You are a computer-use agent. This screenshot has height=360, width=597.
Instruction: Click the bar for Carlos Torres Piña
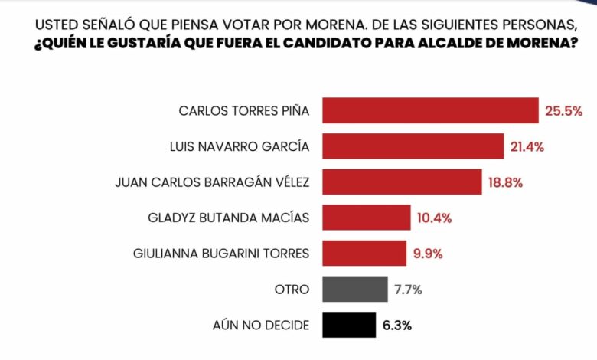(x=430, y=110)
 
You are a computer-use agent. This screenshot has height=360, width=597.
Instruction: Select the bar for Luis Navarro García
(x=413, y=146)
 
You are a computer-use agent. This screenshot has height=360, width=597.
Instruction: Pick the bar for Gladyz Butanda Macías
(x=366, y=218)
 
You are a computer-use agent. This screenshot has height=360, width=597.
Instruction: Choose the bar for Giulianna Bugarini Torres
(x=364, y=253)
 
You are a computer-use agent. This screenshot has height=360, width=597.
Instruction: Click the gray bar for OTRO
(x=354, y=289)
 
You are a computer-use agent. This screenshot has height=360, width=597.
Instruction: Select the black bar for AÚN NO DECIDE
(x=348, y=325)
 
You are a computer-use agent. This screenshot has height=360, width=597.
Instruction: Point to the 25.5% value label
(x=563, y=111)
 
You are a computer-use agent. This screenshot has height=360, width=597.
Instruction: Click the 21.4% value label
(x=529, y=146)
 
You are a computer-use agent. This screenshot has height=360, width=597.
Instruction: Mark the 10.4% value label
(x=434, y=218)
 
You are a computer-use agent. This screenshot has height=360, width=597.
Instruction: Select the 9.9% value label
(x=429, y=254)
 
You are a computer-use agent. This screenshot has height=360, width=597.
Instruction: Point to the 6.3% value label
(x=398, y=326)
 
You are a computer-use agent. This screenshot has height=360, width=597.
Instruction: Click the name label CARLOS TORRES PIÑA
(x=243, y=111)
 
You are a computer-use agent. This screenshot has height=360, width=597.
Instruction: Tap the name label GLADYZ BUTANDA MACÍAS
(x=228, y=218)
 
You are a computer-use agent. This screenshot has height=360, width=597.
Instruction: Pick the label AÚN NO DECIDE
(x=260, y=326)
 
